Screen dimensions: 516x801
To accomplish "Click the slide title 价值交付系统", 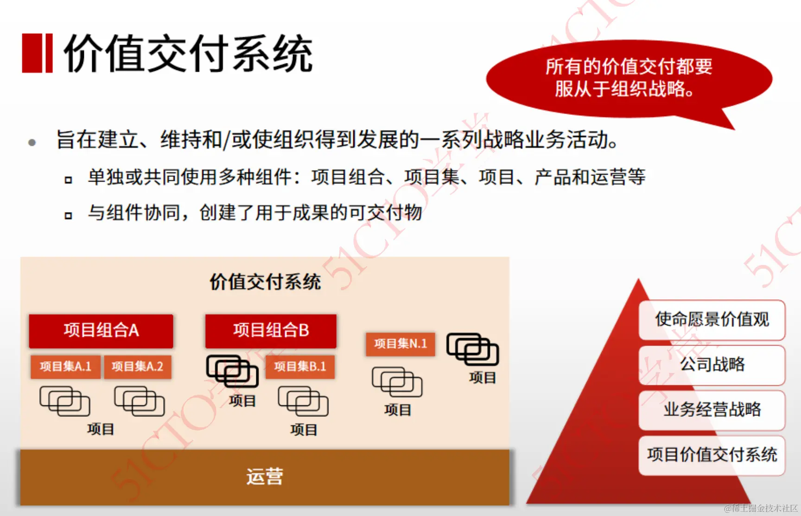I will tap(188, 54).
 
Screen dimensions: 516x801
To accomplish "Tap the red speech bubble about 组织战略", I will tap(629, 78).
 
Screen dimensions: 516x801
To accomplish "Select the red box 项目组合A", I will tap(101, 331).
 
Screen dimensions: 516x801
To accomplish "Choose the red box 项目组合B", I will tap(271, 331).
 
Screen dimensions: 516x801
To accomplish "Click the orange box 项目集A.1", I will tap(65, 367).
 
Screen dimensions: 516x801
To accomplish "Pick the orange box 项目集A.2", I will tap(137, 367).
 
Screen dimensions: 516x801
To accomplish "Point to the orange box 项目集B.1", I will tap(300, 367).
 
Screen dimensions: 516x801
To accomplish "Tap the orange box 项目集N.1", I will tap(400, 344).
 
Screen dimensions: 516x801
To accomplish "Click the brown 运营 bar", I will tap(265, 477).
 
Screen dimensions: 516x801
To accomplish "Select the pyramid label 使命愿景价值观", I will tap(712, 320).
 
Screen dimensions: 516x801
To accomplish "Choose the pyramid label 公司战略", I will tap(712, 365).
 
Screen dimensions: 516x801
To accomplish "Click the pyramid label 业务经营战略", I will tap(712, 409).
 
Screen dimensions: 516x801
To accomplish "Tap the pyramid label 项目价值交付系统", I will tap(712, 455).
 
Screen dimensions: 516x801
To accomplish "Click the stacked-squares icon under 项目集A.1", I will tap(65, 401).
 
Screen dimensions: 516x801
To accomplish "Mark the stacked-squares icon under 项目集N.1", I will tap(397, 382).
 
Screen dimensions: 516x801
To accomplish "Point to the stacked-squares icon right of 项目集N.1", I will tap(472, 349).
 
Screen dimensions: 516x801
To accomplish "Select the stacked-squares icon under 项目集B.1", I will tap(303, 401).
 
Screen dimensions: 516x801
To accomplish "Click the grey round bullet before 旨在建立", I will tap(32, 142).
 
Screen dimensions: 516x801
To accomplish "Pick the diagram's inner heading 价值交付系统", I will tap(265, 282).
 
